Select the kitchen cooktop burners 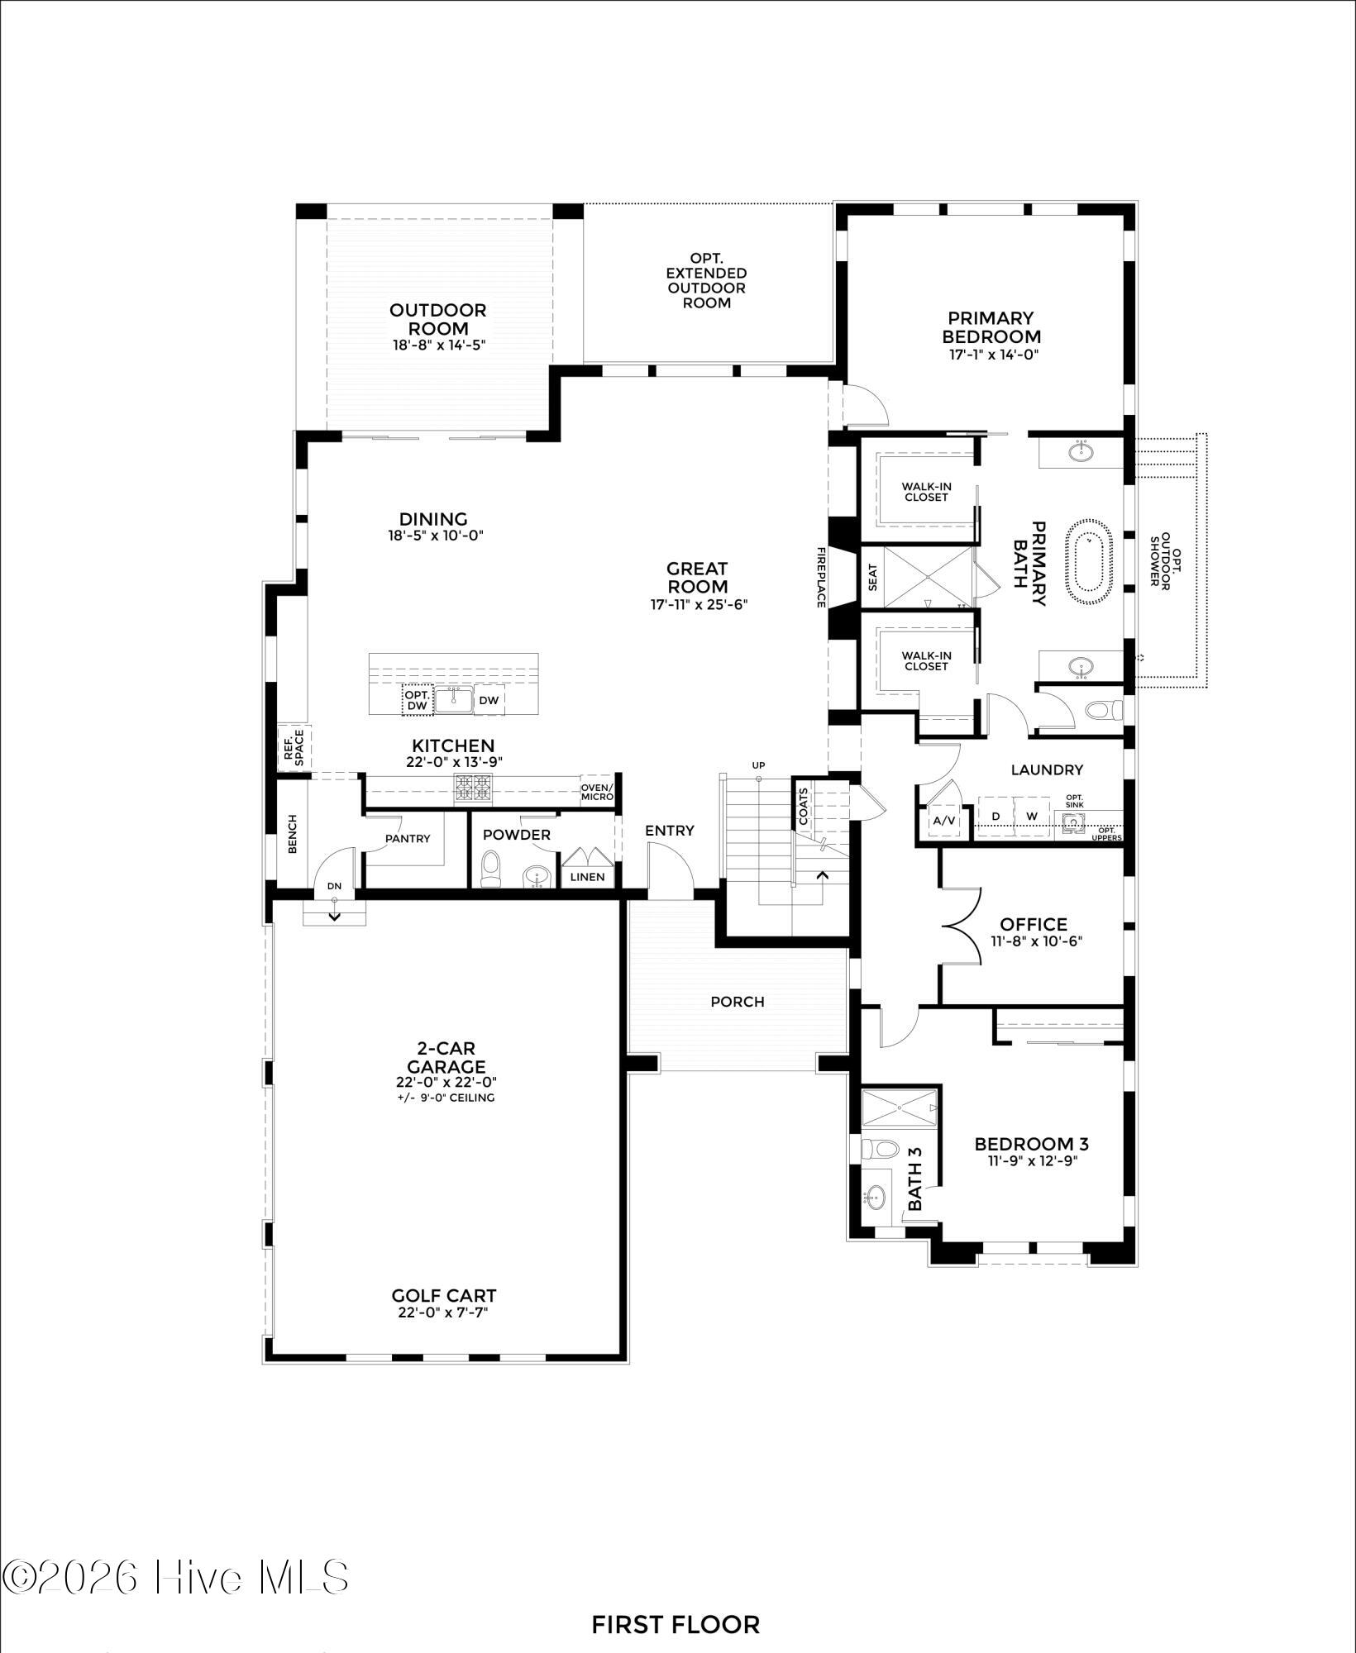tap(473, 789)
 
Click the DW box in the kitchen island tap(489, 701)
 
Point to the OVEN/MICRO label tap(597, 792)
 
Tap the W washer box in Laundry tap(1032, 817)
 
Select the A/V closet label tap(943, 821)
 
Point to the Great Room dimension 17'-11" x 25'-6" tap(699, 604)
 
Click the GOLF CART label tap(444, 1296)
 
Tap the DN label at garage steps tap(334, 886)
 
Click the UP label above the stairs tap(758, 765)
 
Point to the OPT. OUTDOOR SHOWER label tap(1160, 560)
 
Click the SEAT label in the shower tap(873, 578)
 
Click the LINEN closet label tap(587, 877)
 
